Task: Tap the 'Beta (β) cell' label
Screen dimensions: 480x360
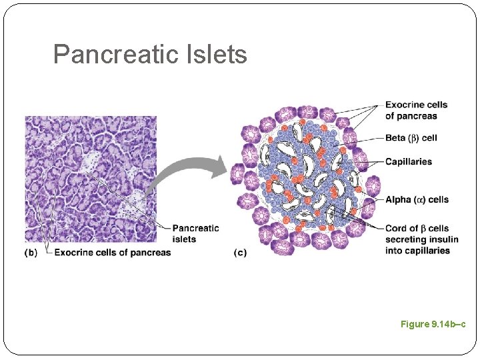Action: tap(411, 138)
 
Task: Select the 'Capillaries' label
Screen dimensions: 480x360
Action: tap(408, 161)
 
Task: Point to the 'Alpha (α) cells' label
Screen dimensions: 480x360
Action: tap(417, 199)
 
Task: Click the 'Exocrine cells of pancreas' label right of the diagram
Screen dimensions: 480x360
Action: tap(416, 110)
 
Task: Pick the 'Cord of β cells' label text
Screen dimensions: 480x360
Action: tap(417, 229)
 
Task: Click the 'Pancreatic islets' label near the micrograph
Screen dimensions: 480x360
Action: tap(195, 233)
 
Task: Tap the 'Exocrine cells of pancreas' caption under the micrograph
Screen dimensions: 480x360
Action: tap(113, 253)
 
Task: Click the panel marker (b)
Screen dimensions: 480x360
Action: tap(31, 253)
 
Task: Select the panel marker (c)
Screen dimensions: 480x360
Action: tap(240, 253)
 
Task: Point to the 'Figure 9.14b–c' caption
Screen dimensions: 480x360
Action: tap(433, 324)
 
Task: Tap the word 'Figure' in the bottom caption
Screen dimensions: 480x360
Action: tap(415, 324)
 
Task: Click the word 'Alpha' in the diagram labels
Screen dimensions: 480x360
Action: tap(398, 199)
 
